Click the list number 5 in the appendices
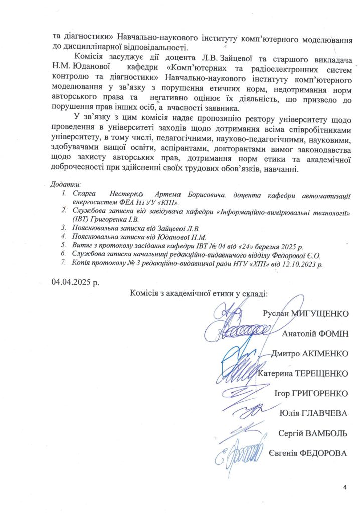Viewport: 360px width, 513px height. coord(63,245)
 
